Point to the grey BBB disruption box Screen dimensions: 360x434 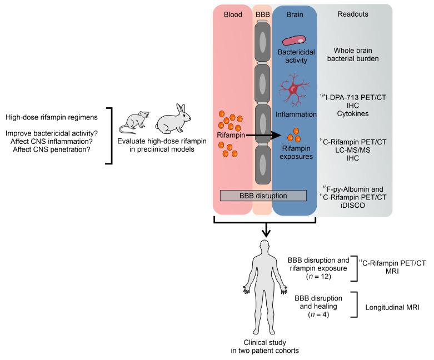coord(263,195)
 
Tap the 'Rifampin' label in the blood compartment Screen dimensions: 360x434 coord(231,134)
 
